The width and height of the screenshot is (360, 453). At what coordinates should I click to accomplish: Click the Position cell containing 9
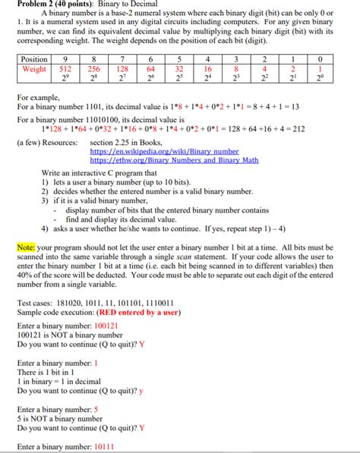pyautogui.click(x=68, y=59)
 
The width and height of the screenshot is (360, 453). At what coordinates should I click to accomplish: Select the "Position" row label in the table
pyautogui.click(x=34, y=59)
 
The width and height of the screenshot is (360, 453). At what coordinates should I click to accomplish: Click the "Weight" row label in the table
pyautogui.click(x=34, y=69)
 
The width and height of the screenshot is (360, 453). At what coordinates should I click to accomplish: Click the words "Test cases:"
pyautogui.click(x=37, y=302)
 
